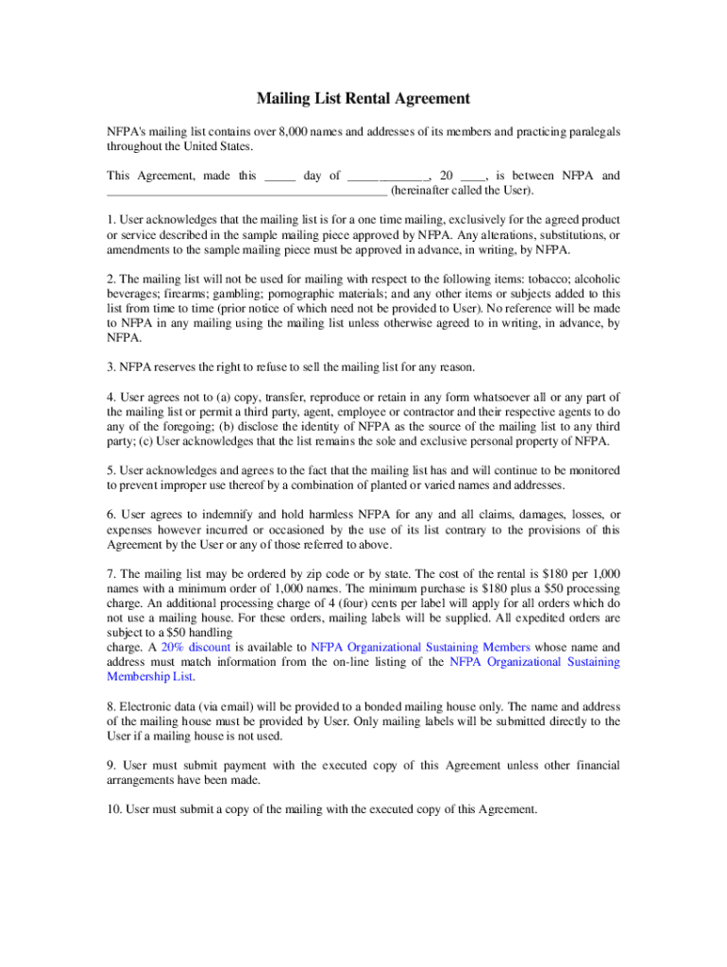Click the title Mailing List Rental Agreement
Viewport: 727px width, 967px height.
363,98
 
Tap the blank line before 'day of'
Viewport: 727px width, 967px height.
279,176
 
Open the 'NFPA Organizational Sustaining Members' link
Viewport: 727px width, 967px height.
420,648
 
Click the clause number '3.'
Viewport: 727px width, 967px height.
111,366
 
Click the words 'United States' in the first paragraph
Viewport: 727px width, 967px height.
221,146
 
